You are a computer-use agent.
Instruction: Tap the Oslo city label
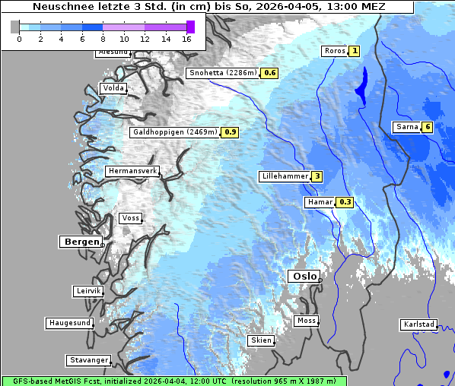[x=303, y=277]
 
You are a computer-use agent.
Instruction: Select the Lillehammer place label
[x=285, y=176]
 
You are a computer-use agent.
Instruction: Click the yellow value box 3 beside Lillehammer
[x=317, y=176]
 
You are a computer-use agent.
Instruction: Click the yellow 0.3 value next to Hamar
[x=345, y=202]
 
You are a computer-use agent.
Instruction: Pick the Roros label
[x=334, y=51]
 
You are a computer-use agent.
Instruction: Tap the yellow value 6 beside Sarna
[x=428, y=127]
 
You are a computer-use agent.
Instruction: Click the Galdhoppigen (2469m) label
[x=175, y=132]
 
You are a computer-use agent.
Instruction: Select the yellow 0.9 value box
[x=231, y=132]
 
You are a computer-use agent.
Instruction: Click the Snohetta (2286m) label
[x=222, y=73]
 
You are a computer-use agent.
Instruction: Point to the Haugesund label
[x=69, y=323]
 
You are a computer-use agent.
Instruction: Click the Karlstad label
[x=419, y=324]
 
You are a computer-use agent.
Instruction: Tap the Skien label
[x=260, y=340]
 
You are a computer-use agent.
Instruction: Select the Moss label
[x=306, y=321]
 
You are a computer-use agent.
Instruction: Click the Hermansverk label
[x=132, y=172]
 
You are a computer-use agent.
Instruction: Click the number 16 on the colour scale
[x=186, y=38]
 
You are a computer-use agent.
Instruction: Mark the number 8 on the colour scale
[x=103, y=38]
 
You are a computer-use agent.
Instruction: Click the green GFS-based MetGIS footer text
[x=173, y=381]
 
